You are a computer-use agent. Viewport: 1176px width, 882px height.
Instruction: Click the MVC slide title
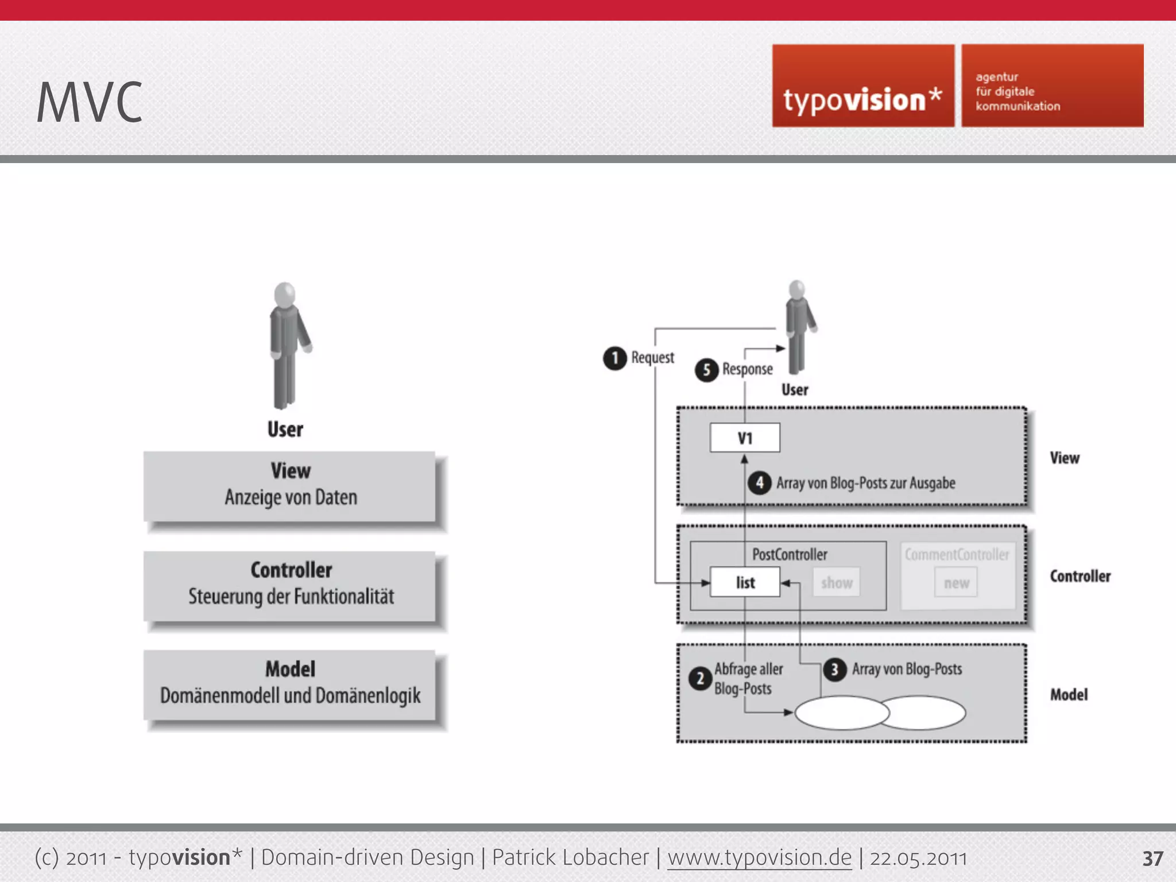(89, 102)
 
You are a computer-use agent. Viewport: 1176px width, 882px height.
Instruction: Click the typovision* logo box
(862, 86)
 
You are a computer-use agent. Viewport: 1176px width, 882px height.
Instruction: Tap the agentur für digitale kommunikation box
(1052, 86)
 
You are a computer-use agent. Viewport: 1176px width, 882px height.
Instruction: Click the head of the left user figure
(285, 295)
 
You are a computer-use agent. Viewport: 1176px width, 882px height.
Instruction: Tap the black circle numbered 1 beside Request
(614, 358)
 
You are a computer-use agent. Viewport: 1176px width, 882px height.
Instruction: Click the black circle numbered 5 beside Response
(706, 370)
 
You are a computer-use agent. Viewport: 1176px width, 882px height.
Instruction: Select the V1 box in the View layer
(745, 438)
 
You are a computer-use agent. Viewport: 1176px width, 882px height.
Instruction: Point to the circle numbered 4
(759, 482)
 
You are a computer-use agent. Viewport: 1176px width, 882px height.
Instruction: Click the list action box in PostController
(745, 582)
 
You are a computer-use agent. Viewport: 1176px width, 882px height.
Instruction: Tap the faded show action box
(836, 583)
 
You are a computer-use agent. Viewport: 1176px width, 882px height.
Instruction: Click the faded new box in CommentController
(955, 583)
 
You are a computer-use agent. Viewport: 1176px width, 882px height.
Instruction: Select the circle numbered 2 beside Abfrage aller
(700, 679)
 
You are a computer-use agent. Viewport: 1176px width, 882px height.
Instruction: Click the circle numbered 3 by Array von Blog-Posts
(834, 670)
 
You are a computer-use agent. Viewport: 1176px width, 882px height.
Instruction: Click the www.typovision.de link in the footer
(759, 858)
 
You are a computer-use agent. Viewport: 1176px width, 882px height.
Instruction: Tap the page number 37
(1152, 858)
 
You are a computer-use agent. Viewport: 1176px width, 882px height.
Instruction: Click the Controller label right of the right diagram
(1080, 576)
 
